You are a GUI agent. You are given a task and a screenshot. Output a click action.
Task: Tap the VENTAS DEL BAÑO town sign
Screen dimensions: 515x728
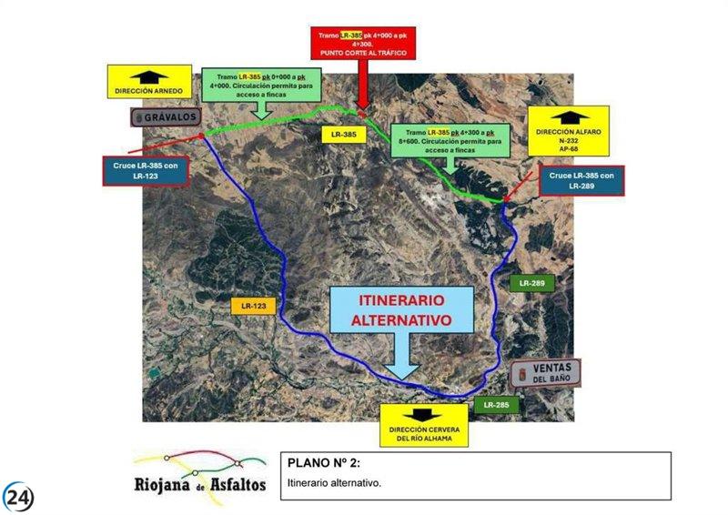pyautogui.click(x=543, y=373)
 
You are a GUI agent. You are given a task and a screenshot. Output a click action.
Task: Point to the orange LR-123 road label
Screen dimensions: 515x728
pyautogui.click(x=253, y=307)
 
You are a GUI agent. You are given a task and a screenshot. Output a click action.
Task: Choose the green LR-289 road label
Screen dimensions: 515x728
pyautogui.click(x=532, y=284)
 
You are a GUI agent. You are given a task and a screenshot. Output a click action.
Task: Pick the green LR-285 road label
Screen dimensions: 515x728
pyautogui.click(x=496, y=404)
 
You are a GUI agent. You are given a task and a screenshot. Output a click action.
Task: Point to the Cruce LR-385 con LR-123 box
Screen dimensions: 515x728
pyautogui.click(x=146, y=169)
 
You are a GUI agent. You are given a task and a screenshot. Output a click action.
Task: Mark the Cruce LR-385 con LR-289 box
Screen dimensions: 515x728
pyautogui.click(x=582, y=180)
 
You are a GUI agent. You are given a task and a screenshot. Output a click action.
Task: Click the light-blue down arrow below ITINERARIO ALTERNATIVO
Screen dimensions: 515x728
pyautogui.click(x=400, y=362)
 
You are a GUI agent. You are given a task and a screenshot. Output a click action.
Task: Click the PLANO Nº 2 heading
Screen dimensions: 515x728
pyautogui.click(x=318, y=463)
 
